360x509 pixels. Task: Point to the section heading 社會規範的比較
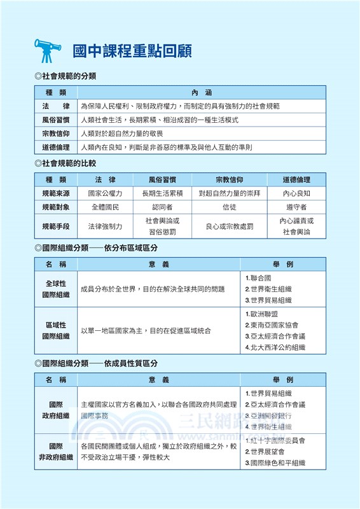(69, 164)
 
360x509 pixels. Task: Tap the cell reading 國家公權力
(105, 193)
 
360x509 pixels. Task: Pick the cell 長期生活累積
(162, 193)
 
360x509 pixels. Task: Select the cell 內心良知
(296, 193)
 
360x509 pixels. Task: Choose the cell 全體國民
(105, 207)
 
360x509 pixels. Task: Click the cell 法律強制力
(105, 226)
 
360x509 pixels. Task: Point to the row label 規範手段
(56, 226)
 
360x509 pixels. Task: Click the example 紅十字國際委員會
(277, 440)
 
